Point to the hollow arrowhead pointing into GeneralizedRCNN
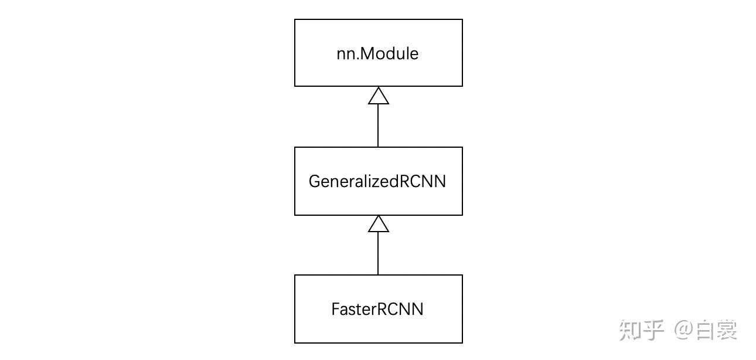[378, 224]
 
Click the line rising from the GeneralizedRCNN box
[378, 125]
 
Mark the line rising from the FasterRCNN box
[378, 253]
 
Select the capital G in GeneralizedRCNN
[314, 181]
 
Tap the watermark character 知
[631, 330]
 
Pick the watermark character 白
[705, 330]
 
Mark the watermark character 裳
[727, 330]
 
